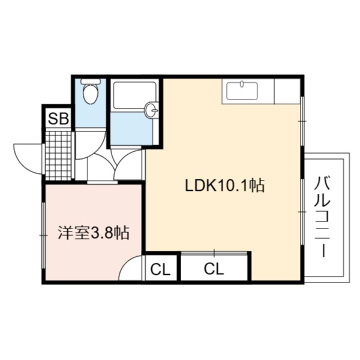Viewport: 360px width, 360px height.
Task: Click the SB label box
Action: coord(58,119)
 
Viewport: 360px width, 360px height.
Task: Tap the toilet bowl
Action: coord(91,94)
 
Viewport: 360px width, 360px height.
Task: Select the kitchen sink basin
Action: coord(242,91)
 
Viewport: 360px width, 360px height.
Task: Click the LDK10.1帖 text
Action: coord(225,185)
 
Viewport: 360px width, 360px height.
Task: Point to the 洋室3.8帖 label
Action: coord(94,233)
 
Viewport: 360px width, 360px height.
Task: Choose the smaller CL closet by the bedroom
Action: coord(160,269)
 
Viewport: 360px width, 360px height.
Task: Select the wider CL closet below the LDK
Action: coord(214,269)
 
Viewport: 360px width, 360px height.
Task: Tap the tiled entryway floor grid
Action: coord(59,155)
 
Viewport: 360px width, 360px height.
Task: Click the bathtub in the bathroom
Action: coord(135,95)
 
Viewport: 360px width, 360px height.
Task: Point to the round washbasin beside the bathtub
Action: coord(151,110)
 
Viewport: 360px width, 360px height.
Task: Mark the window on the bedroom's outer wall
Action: coord(43,235)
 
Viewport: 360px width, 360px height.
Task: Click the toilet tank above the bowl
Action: coord(91,81)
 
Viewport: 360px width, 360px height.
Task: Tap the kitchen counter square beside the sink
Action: coord(287,91)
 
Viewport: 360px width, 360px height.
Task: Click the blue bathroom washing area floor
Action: coord(131,128)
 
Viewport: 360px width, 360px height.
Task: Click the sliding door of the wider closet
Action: coord(214,253)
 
